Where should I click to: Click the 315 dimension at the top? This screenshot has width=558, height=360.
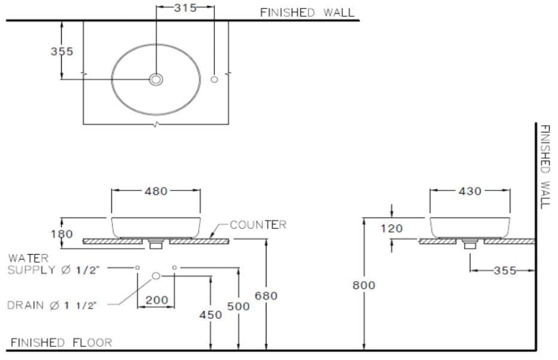pyautogui.click(x=185, y=8)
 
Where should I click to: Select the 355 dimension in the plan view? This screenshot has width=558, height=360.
pyautogui.click(x=62, y=52)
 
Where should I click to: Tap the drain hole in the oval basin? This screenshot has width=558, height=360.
pyautogui.click(x=156, y=79)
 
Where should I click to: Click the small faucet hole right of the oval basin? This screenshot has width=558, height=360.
pyautogui.click(x=214, y=80)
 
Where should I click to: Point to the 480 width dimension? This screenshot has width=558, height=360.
pyautogui.click(x=156, y=191)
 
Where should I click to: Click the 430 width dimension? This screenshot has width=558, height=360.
pyautogui.click(x=470, y=191)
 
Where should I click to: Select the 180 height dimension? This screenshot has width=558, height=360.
pyautogui.click(x=62, y=234)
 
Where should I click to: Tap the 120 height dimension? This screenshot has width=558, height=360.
pyautogui.click(x=392, y=228)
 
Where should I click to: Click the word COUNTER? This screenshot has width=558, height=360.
pyautogui.click(x=258, y=225)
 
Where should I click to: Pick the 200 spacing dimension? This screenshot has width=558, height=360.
pyautogui.click(x=157, y=300)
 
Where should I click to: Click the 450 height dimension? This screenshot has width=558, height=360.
pyautogui.click(x=210, y=314)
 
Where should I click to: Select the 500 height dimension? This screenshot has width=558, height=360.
pyautogui.click(x=238, y=306)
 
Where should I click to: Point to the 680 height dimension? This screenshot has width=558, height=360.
pyautogui.click(x=266, y=295)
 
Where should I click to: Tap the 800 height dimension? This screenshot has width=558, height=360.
pyautogui.click(x=363, y=285)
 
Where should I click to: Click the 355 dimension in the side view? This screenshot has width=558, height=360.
pyautogui.click(x=505, y=270)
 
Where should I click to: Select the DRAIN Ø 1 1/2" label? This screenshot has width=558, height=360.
pyautogui.click(x=52, y=305)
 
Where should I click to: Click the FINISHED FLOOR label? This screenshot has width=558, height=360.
pyautogui.click(x=61, y=343)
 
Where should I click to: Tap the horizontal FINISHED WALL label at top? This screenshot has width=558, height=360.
pyautogui.click(x=307, y=12)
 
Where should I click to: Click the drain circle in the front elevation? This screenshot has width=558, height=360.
pyautogui.click(x=156, y=276)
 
